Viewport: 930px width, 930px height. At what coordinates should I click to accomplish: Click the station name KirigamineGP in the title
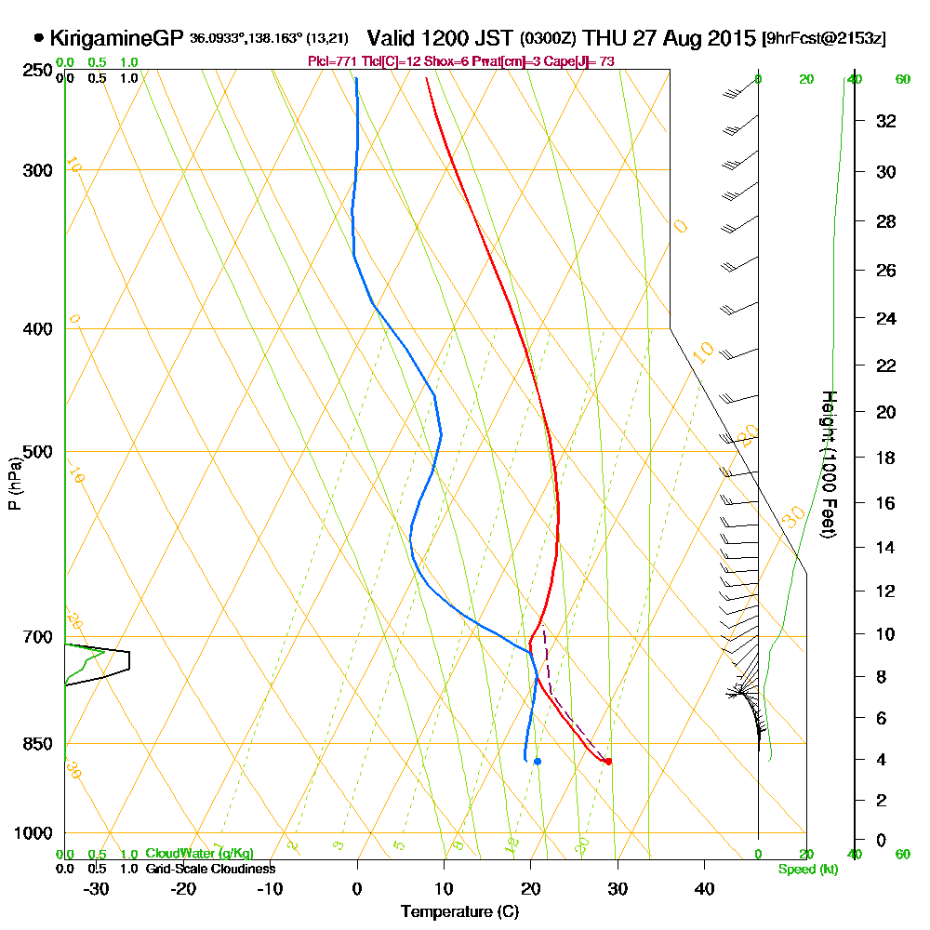tap(116, 38)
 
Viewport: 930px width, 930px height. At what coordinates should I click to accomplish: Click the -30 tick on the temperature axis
tap(97, 889)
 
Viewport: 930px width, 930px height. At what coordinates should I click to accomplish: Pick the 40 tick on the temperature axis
tap(704, 889)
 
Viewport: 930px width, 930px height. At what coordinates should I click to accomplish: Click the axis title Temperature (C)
tap(459, 911)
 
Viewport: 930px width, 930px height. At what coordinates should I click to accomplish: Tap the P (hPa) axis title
tap(14, 483)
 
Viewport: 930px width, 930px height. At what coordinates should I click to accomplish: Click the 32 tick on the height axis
tap(886, 120)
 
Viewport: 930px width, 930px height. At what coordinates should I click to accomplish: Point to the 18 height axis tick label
tap(886, 458)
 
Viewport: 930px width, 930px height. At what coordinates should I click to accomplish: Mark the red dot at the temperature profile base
tap(608, 762)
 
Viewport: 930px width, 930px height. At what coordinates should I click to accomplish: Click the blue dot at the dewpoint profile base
tap(538, 762)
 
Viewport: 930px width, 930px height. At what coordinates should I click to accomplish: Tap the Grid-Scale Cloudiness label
tap(210, 869)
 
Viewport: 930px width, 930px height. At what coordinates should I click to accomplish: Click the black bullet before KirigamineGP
tap(38, 39)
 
